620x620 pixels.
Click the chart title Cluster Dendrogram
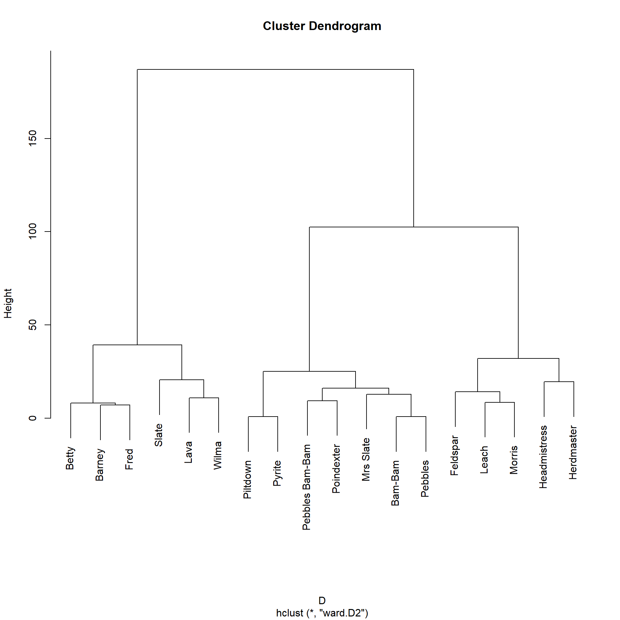(322, 26)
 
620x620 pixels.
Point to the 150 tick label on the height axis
(33, 138)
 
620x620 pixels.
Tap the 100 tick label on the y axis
(33, 232)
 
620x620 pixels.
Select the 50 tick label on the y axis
(33, 325)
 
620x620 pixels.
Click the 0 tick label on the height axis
(33, 418)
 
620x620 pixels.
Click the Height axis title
(8, 304)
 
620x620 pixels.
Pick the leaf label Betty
(70, 458)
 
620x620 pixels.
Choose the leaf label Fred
(129, 459)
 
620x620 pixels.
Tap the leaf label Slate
(159, 435)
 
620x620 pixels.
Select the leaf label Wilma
(218, 455)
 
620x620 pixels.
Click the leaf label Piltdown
(247, 480)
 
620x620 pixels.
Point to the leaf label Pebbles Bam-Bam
(306, 487)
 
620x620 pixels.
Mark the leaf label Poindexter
(336, 469)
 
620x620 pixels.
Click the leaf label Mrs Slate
(366, 459)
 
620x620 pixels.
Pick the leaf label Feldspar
(454, 456)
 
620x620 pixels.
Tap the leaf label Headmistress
(543, 457)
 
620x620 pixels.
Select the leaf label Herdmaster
(573, 452)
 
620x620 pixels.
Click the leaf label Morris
(514, 460)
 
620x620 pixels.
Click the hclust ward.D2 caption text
(322, 613)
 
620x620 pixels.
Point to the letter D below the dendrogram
(322, 601)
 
